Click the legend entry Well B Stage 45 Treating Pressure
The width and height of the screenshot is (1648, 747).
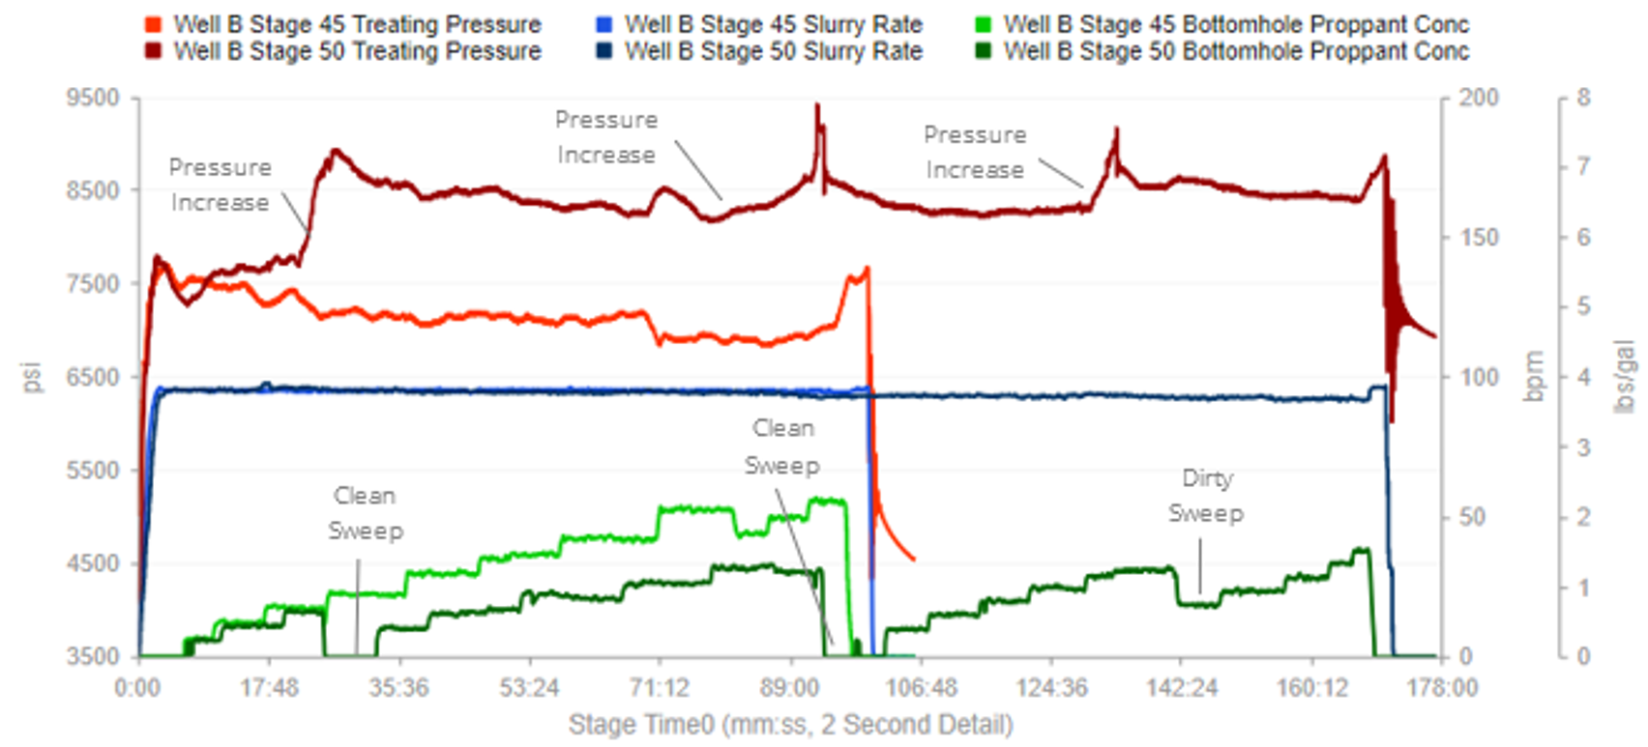pos(356,24)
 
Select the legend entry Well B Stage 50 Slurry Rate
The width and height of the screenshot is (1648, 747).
pos(773,51)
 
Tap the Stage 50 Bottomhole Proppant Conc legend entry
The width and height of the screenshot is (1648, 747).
pos(1235,51)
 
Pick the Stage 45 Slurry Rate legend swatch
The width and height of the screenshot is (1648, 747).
pos(604,24)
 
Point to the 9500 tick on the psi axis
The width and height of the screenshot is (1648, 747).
pos(93,98)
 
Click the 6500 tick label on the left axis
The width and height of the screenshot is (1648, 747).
pos(93,377)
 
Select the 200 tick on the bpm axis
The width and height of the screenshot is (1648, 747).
pos(1478,98)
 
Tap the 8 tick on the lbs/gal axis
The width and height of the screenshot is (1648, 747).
pos(1583,98)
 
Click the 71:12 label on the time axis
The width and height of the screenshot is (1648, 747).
pos(659,688)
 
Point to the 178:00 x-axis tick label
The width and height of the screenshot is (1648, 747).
pos(1442,688)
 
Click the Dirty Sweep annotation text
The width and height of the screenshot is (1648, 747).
pos(1206,496)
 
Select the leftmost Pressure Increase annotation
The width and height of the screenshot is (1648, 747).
pos(220,185)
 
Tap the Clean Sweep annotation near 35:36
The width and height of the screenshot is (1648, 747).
pos(365,513)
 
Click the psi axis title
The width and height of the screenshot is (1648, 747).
pos(32,377)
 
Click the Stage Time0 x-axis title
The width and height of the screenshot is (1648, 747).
pos(790,725)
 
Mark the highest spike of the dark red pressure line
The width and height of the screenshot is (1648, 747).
pos(817,105)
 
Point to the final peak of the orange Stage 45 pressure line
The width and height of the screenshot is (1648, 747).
pos(867,270)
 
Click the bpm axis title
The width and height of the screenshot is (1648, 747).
pos(1533,377)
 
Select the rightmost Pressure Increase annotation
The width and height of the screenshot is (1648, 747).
pos(974,152)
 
